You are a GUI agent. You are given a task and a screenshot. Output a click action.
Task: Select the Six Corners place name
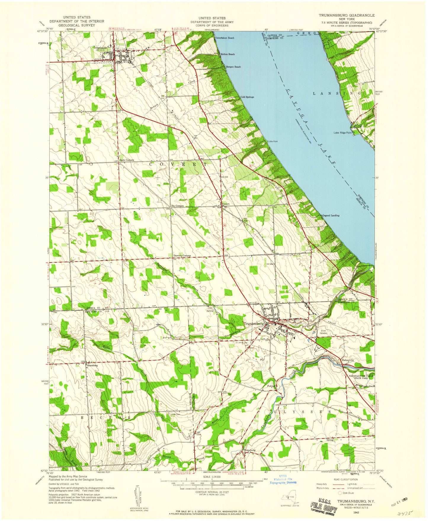click(x=177, y=206)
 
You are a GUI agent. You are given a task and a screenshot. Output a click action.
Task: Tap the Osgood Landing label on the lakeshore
click(x=331, y=215)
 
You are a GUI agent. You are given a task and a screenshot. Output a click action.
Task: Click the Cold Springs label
click(x=247, y=97)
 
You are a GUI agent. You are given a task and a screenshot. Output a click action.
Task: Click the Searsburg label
click(x=92, y=365)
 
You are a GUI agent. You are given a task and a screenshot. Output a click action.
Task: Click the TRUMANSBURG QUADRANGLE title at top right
click(x=347, y=15)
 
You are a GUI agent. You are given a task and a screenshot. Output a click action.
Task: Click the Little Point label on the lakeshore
click(x=273, y=141)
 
